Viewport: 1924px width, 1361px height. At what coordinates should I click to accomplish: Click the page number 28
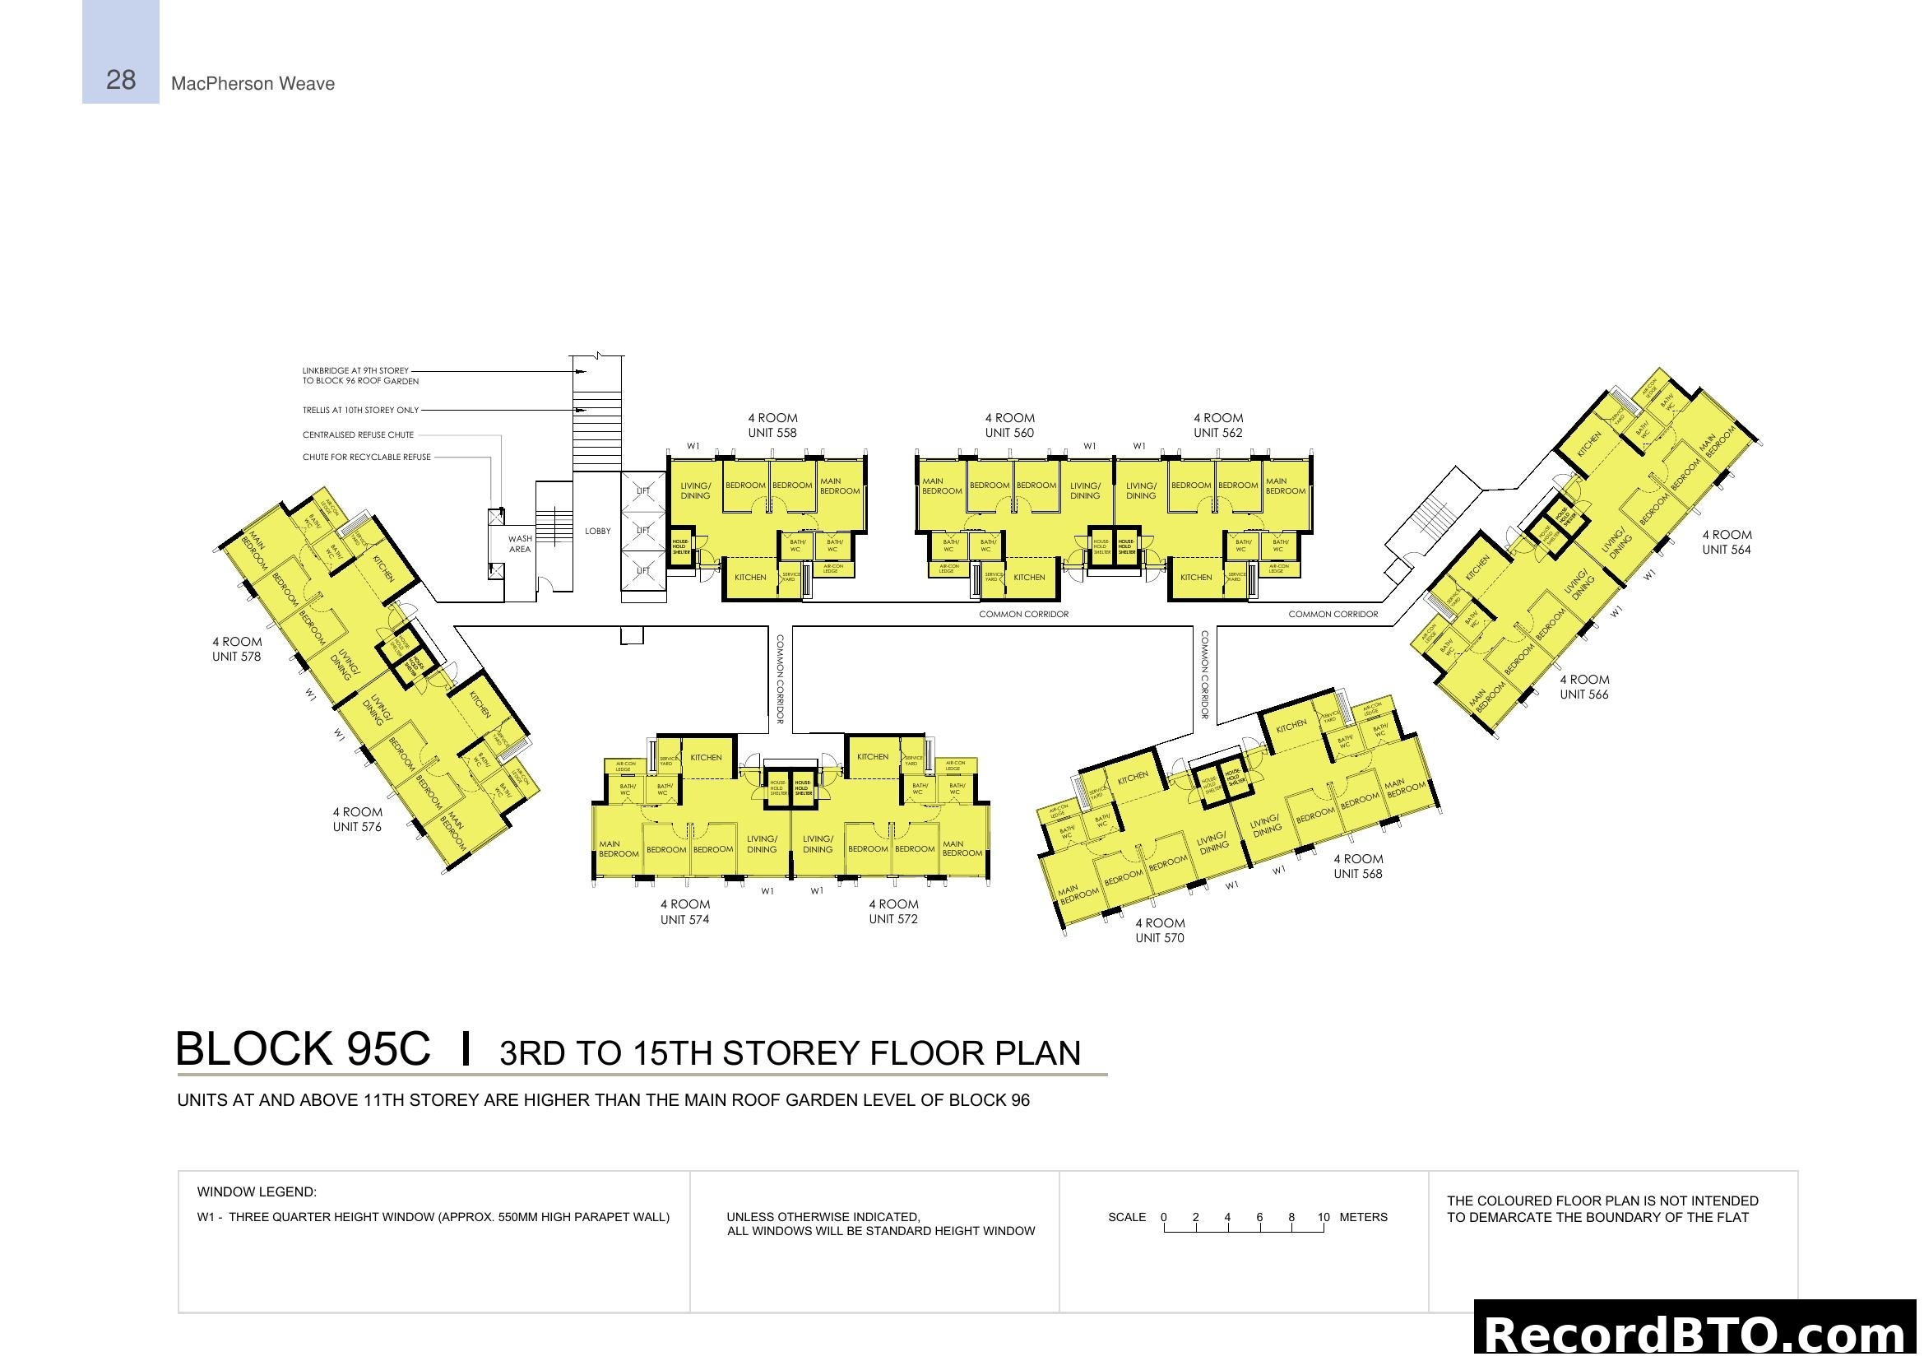(x=121, y=81)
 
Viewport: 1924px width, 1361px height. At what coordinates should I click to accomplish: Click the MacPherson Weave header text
(x=253, y=84)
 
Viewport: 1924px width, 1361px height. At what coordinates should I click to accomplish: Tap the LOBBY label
(x=597, y=532)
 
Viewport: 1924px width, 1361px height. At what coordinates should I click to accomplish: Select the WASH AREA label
(x=520, y=544)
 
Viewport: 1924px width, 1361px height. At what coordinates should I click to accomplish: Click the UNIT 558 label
(x=772, y=434)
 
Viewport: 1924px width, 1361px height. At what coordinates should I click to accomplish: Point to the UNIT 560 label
(x=1009, y=434)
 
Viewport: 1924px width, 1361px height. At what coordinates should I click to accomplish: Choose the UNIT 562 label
(x=1217, y=434)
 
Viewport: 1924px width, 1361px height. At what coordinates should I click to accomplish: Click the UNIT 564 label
(x=1727, y=550)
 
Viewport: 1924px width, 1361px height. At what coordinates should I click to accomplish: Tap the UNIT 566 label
(x=1583, y=694)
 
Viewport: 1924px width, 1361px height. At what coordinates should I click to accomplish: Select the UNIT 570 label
(x=1160, y=939)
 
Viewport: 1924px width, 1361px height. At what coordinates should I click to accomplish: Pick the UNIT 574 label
(x=684, y=920)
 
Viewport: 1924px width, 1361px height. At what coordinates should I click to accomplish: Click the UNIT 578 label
(x=236, y=657)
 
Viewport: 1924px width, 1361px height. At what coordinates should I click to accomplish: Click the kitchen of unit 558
(x=750, y=578)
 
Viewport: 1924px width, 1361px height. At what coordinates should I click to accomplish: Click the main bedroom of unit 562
(x=1285, y=487)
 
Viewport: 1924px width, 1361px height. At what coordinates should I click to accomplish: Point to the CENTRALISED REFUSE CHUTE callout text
(x=358, y=435)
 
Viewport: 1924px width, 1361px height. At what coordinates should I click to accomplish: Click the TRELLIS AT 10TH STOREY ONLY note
(x=360, y=411)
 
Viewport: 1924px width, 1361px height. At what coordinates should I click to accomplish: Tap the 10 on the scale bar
(x=1324, y=1218)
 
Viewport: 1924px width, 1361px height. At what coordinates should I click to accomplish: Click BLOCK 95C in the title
(x=303, y=1049)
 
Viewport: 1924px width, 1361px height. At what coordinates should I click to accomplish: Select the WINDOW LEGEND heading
(x=257, y=1192)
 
